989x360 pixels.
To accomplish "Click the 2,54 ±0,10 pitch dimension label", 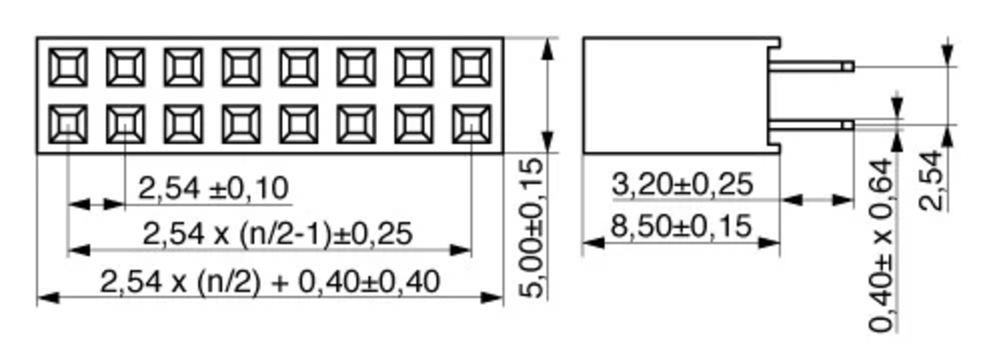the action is pos(213,189).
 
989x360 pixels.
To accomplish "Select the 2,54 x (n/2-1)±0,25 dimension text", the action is pos(277,234).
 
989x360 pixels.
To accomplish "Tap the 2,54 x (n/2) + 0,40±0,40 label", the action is pos(270,282).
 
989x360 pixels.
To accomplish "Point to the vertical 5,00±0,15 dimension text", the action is pos(532,228).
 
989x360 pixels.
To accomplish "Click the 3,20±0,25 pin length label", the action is pos(682,185).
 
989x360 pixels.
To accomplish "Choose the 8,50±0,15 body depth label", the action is pos(681,226).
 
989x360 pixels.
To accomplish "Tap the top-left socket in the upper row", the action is pos(68,67).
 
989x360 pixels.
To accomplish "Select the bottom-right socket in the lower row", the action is pos(472,124).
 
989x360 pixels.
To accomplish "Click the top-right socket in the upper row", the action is pos(472,67).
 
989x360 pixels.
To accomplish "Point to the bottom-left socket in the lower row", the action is pos(68,124).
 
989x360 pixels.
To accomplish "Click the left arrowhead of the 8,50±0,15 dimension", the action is pos(594,243).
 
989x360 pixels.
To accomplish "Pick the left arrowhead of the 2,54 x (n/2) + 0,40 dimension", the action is pos(48,297).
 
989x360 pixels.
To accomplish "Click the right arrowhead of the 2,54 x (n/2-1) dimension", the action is pos(460,250).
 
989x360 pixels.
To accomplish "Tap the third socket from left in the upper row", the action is pos(183,67).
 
